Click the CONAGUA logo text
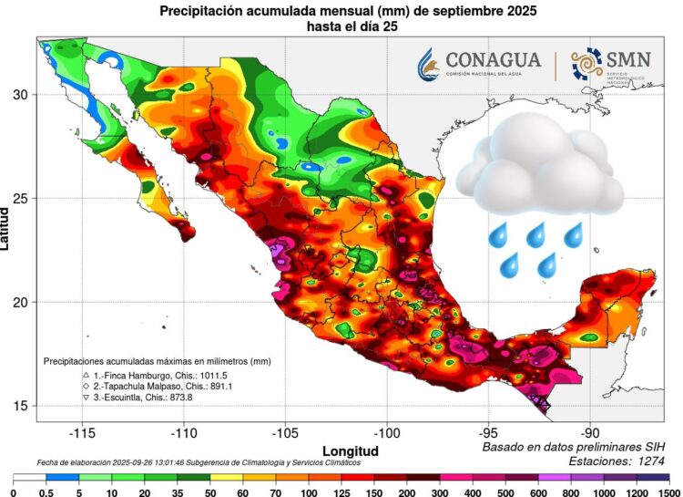[x=493, y=60]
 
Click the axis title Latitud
[x=7, y=227]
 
